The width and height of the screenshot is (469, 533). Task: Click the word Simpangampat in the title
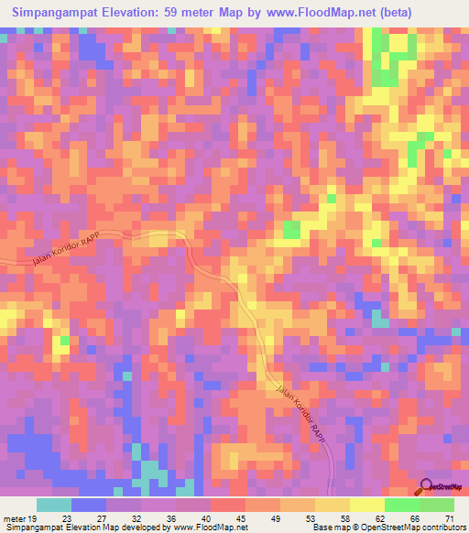click(54, 13)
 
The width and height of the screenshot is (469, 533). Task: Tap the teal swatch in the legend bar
click(54, 506)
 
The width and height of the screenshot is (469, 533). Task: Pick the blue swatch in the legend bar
click(88, 506)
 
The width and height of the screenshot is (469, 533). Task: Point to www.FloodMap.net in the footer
click(197, 528)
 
